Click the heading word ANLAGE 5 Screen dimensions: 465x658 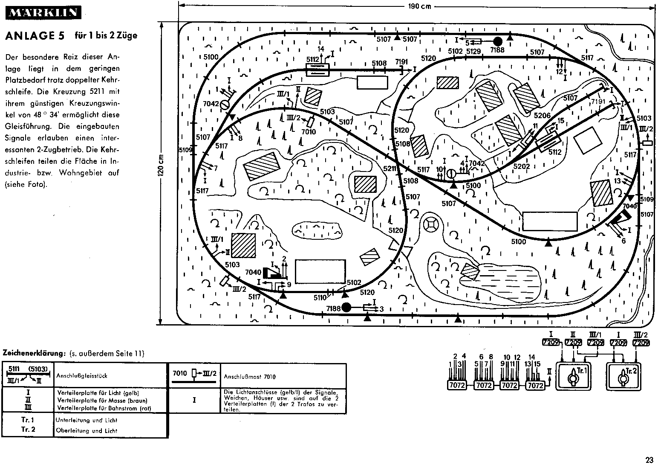point(35,36)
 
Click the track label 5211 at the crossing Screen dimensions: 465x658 point(389,169)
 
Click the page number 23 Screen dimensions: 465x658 point(649,460)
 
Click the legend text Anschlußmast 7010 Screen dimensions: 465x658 point(249,377)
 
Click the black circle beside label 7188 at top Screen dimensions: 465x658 point(497,41)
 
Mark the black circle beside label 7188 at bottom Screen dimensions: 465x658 point(346,307)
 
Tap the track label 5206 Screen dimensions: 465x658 point(542,116)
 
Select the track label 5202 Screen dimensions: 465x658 point(522,166)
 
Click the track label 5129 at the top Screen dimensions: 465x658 point(473,51)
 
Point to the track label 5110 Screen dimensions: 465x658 point(320,297)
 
